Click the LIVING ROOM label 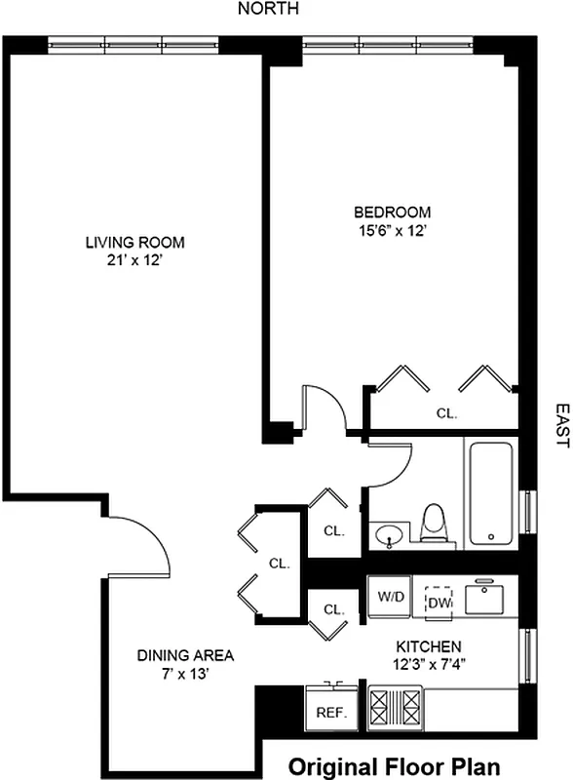point(134,242)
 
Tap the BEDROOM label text point(392,212)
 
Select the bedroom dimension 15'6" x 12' point(392,231)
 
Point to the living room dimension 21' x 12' point(134,260)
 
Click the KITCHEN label point(428,646)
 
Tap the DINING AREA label point(185,655)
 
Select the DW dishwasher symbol point(439,602)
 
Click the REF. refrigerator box point(331,712)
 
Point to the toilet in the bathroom point(436,524)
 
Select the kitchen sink point(488,597)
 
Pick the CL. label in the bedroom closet point(445,413)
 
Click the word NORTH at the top point(269,9)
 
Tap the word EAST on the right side point(561,426)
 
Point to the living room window point(134,44)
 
